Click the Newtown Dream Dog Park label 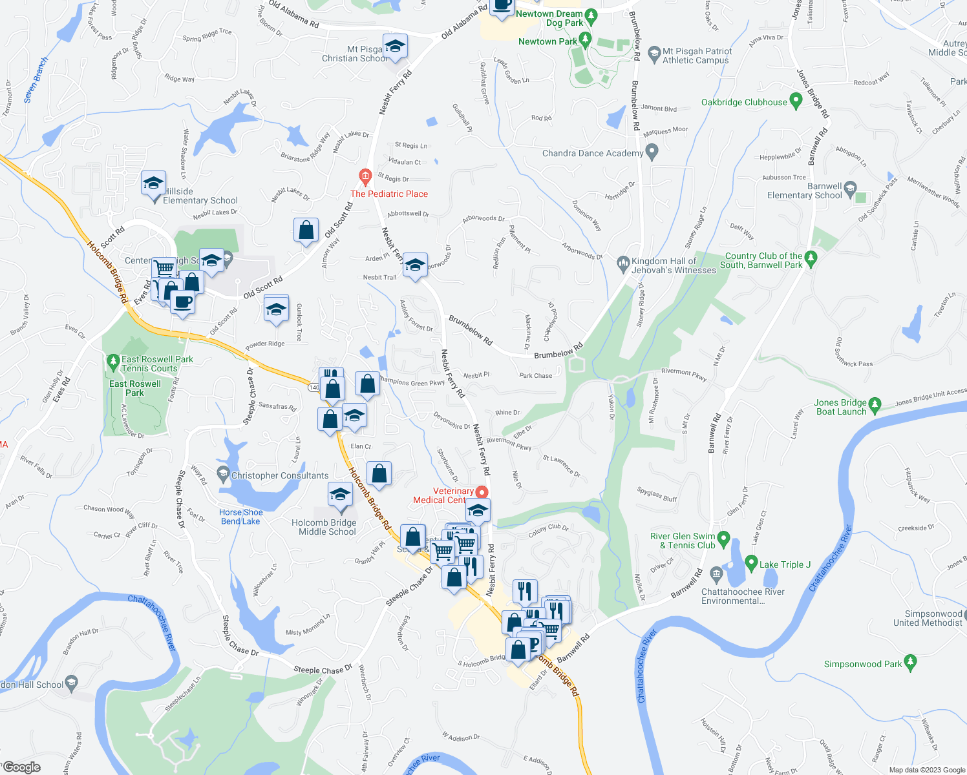(x=549, y=18)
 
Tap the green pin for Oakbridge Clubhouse (x=796, y=101)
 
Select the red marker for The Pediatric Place (x=365, y=176)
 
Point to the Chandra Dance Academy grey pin (x=652, y=152)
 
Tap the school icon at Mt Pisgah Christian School (x=394, y=46)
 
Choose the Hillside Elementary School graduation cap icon (x=153, y=184)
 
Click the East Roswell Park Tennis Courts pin (x=113, y=359)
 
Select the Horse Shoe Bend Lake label (x=240, y=517)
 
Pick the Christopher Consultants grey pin (x=223, y=475)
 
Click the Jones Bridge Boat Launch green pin (x=875, y=405)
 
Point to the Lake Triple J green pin (x=751, y=563)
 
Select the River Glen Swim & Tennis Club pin (x=723, y=539)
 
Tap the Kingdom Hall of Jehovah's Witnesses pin (x=623, y=262)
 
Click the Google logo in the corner (x=21, y=767)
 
